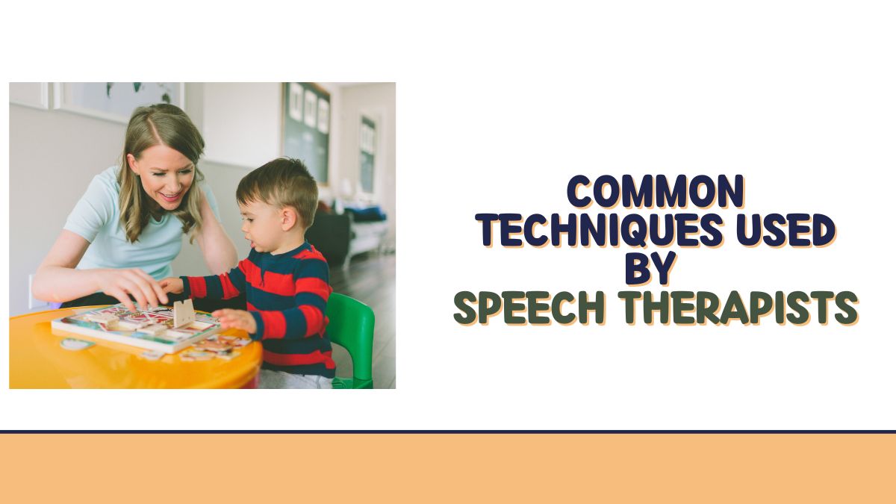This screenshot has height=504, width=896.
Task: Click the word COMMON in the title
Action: pyautogui.click(x=655, y=191)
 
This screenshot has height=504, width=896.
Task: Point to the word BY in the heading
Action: pyautogui.click(x=650, y=269)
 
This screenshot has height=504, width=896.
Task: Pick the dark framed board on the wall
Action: pyautogui.click(x=306, y=127)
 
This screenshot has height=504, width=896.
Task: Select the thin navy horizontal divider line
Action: pyautogui.click(x=448, y=431)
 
